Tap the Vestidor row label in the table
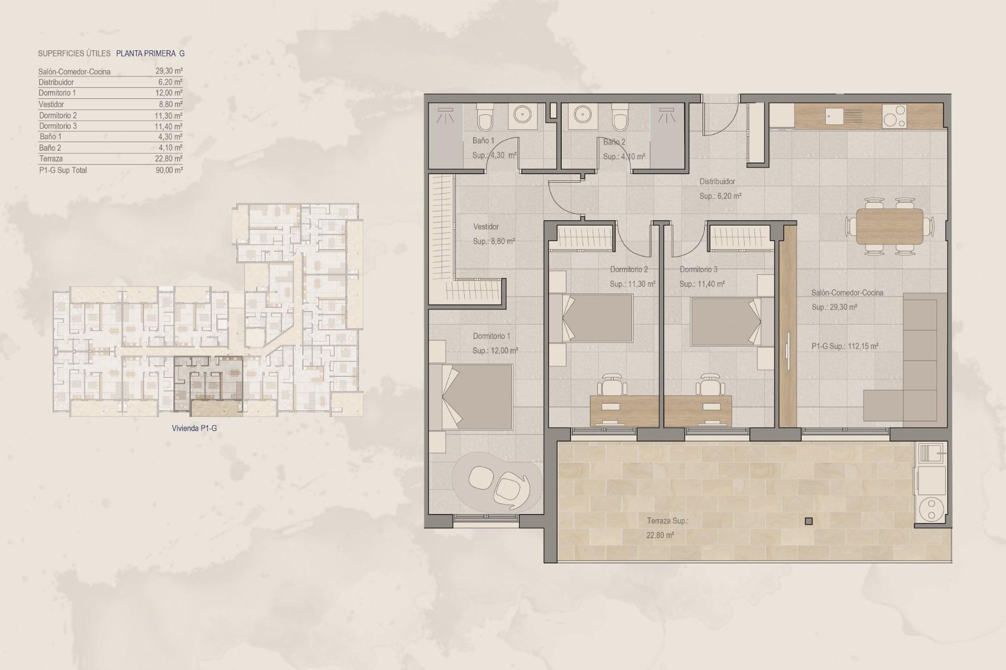(51, 104)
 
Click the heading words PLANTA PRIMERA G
(150, 53)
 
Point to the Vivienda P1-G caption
(194, 428)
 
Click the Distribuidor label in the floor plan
(717, 182)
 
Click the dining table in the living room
(889, 227)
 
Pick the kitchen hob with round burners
(894, 116)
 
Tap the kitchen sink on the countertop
(835, 116)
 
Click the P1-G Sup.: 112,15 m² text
(845, 346)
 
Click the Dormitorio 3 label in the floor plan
(698, 270)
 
